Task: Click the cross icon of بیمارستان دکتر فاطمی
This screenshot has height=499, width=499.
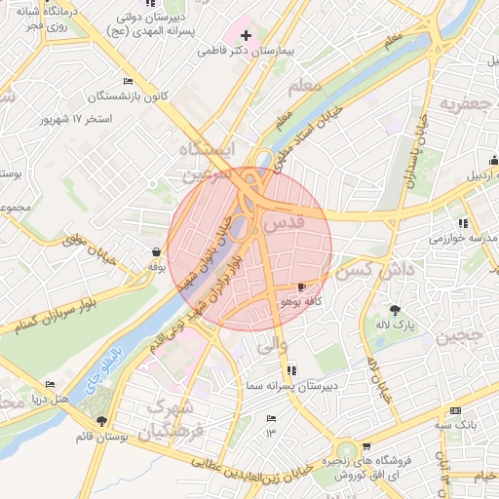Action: point(246,35)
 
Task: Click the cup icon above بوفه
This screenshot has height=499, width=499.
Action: point(156,251)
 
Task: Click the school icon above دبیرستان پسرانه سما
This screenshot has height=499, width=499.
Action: point(291,369)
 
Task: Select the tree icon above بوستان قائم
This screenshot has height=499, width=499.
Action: point(101,420)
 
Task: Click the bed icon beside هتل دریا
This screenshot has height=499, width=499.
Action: point(50,385)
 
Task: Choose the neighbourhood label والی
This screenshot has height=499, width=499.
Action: point(270,342)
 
